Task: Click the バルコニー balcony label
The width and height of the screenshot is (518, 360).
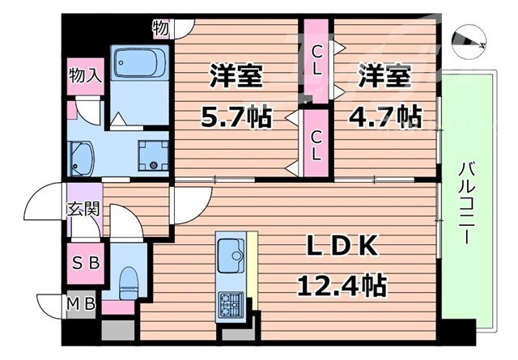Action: click(466, 203)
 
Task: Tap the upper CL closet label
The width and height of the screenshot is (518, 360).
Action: click(317, 61)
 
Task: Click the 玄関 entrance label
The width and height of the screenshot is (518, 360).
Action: click(83, 209)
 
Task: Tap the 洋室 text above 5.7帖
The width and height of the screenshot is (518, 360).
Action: click(236, 78)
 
